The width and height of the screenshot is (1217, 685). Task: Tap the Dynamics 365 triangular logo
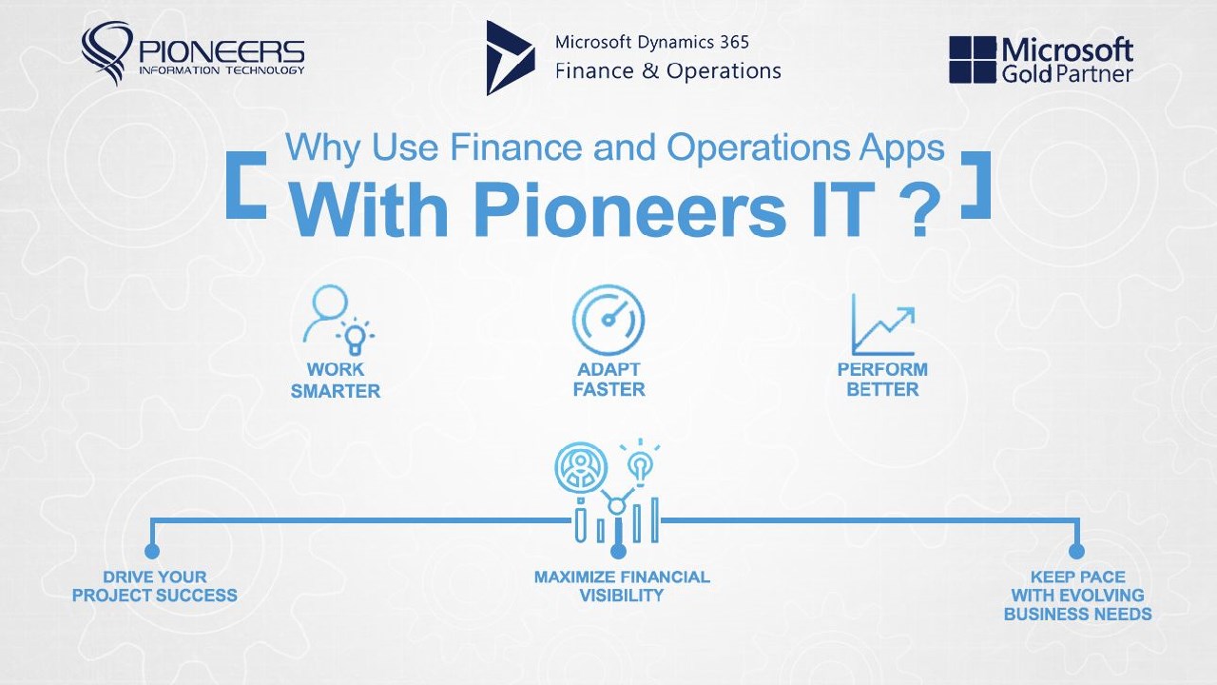[510, 58]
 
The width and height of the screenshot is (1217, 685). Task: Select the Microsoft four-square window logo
[972, 60]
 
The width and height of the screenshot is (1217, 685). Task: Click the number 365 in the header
[735, 42]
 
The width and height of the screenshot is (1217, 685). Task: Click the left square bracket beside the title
[246, 185]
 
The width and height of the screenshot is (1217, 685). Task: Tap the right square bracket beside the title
[976, 185]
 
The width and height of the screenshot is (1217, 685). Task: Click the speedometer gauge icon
[608, 320]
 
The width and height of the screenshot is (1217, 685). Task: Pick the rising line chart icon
[883, 324]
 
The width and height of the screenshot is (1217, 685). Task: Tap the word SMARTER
[336, 391]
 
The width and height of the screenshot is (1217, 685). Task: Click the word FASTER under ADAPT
[609, 390]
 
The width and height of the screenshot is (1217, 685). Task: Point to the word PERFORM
[882, 370]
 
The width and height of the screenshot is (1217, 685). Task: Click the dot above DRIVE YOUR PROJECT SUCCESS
[152, 551]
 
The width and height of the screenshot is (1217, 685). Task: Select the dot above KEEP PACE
[1076, 551]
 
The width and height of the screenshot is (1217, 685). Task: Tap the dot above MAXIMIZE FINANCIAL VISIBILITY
[618, 551]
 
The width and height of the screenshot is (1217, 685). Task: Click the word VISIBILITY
[622, 596]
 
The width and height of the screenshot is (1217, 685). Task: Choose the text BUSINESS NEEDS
[1078, 615]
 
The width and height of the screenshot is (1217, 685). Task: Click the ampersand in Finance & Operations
[649, 71]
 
